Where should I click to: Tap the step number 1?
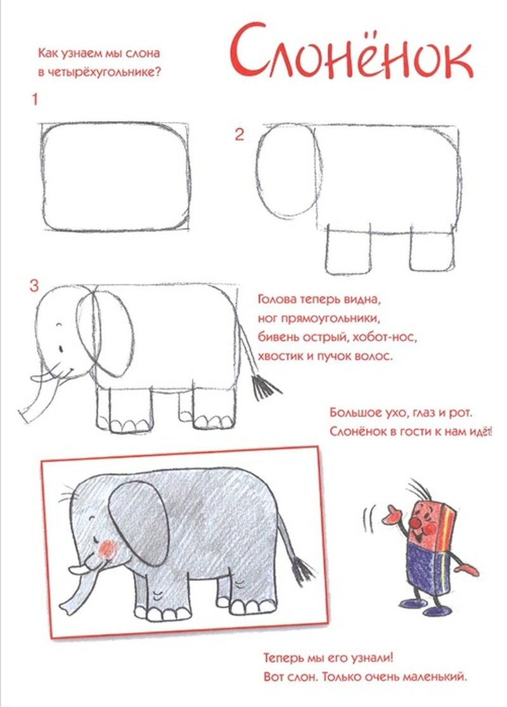(x=35, y=99)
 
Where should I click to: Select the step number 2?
(x=239, y=134)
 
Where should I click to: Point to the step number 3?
(x=34, y=286)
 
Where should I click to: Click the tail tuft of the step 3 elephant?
(x=265, y=386)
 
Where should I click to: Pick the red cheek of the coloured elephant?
(x=107, y=549)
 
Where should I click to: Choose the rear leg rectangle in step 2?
(x=432, y=251)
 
